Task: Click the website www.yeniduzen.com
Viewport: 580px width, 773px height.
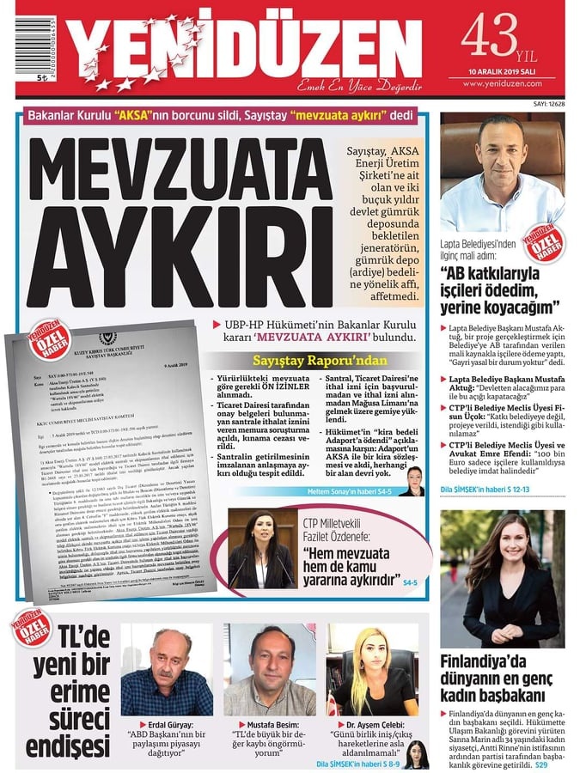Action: click(x=503, y=84)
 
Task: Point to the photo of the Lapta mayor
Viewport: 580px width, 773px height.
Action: click(x=502, y=171)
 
